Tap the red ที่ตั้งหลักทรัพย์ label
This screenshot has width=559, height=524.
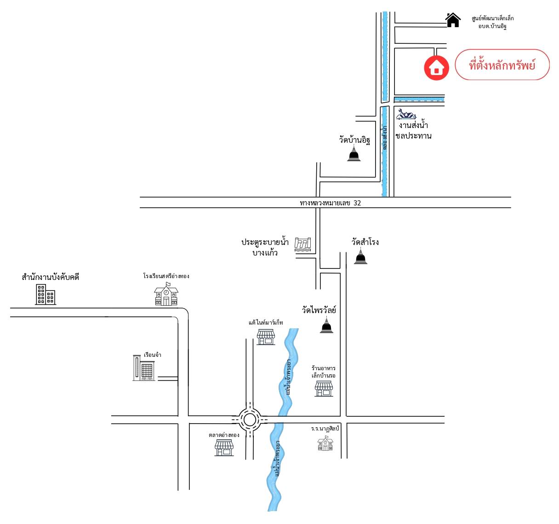point(502,65)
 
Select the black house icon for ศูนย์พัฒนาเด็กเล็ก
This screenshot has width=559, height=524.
point(453,20)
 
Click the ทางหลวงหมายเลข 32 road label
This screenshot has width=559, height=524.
point(330,203)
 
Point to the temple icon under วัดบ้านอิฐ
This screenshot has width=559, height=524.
point(354,153)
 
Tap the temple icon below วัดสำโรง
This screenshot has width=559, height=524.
point(360,256)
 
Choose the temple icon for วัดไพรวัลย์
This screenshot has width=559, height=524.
point(326,325)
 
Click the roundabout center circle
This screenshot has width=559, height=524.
point(249,419)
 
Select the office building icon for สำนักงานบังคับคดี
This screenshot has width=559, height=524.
point(46,294)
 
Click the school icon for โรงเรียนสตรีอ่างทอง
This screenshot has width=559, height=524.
point(166,294)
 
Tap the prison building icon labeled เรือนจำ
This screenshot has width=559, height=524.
point(143,368)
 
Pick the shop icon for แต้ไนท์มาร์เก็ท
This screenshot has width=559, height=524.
point(266,338)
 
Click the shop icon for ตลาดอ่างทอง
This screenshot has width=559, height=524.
point(224,448)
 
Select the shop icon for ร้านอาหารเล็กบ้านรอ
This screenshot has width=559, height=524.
point(324,389)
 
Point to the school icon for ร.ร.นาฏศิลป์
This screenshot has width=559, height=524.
point(325,443)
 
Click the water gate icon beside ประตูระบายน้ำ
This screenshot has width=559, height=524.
point(302,244)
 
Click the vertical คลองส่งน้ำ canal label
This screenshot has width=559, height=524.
point(384,138)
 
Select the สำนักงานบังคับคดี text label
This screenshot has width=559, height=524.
point(51,277)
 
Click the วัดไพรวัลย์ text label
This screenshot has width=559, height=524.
point(319,310)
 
